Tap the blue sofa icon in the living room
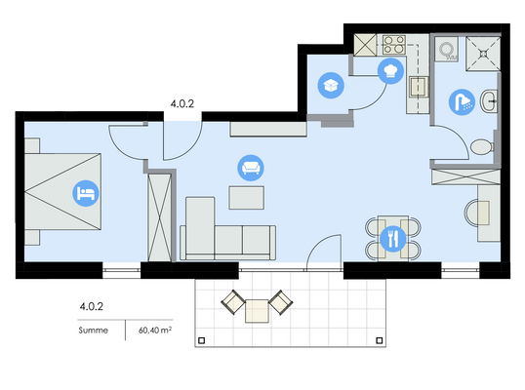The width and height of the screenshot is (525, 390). point(251,167)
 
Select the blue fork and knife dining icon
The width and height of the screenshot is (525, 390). point(393,237)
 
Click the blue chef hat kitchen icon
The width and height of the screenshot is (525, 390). point(391,69)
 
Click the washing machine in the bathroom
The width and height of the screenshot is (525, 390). point(447,50)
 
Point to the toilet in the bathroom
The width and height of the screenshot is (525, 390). point(479,147)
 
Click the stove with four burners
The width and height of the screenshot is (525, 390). point(393,45)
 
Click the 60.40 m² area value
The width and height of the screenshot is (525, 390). point(148,331)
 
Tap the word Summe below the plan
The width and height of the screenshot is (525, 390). point(94,331)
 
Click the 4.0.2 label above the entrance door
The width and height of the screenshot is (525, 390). point(182,101)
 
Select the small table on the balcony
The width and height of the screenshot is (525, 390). point(256,310)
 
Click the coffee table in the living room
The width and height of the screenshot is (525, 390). point(246,198)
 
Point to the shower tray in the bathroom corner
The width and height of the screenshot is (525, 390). point(481,51)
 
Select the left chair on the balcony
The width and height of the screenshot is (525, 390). point(232,301)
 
